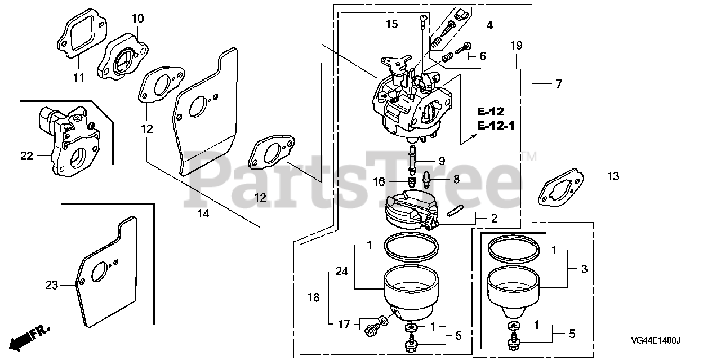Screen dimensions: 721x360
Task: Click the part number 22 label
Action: tap(26, 156)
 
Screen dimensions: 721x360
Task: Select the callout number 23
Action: tap(51, 285)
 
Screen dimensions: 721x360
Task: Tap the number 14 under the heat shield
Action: tap(203, 213)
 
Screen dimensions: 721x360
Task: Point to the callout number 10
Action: tap(138, 19)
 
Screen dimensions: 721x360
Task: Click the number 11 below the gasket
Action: tap(78, 78)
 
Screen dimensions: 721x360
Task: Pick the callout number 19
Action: tap(517, 46)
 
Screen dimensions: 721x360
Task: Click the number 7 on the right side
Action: tap(559, 84)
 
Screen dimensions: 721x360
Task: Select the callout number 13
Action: tap(613, 176)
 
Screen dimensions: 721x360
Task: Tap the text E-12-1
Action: tap(496, 125)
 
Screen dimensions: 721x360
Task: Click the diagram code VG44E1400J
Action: tap(655, 340)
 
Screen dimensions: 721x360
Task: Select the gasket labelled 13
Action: tap(560, 188)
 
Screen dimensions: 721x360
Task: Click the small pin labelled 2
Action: tap(455, 211)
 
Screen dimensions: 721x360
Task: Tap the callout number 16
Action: tap(379, 181)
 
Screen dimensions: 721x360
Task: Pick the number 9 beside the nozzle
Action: tap(442, 161)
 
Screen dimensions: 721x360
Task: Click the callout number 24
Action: tap(342, 272)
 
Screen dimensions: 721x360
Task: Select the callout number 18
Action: tap(314, 297)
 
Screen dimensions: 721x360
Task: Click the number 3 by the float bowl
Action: tap(584, 269)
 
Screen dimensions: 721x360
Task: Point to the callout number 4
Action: tap(489, 25)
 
